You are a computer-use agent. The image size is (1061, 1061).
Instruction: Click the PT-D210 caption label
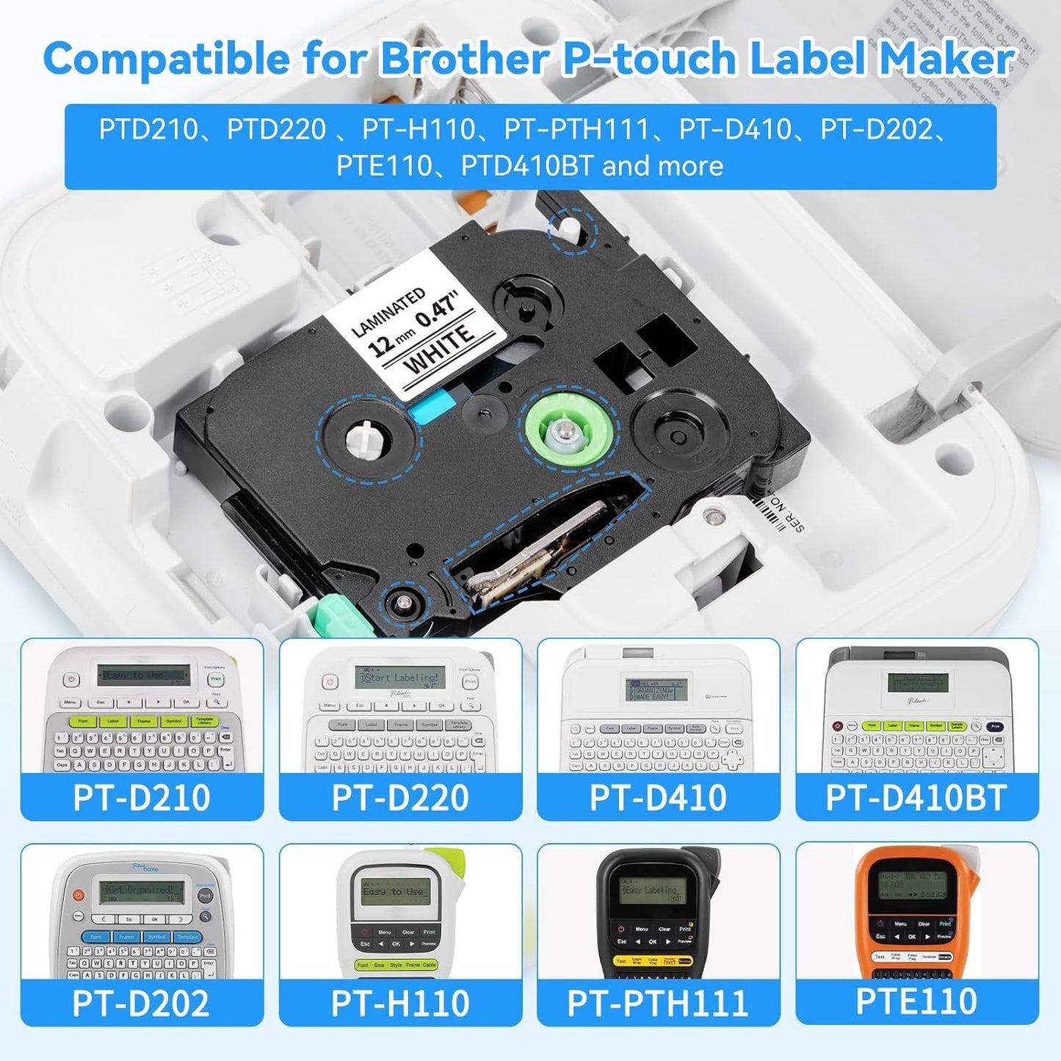coord(142,797)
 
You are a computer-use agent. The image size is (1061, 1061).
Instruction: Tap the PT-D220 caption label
coord(400,797)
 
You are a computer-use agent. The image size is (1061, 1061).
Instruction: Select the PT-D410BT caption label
coord(916,797)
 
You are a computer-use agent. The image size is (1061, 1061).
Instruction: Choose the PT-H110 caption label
coord(400,1003)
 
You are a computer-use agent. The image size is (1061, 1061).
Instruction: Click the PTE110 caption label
coord(916,1002)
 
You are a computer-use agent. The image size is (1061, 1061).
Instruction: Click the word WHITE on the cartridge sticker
coord(439,350)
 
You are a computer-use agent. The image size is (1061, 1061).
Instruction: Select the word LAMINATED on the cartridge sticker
coord(388,311)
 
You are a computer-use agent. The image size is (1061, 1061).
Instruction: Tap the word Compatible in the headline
coord(166,59)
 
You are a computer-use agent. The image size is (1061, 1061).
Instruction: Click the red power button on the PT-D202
coord(79,896)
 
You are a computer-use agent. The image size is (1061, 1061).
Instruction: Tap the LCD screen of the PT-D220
coord(400,678)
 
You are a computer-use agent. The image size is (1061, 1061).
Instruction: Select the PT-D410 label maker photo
coord(658,709)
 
